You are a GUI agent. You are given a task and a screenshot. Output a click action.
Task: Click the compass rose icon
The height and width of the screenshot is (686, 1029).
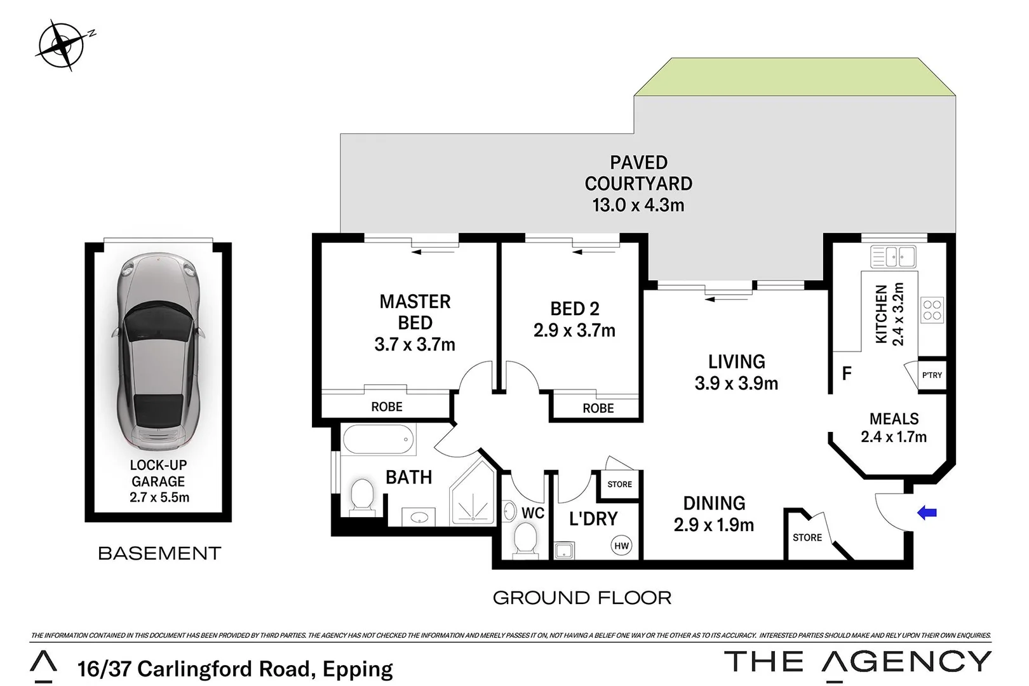pos(61,44)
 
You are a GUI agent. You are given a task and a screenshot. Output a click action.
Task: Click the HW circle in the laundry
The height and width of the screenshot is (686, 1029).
pos(621,546)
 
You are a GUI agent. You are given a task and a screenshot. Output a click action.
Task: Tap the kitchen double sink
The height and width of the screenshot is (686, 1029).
pos(893,257)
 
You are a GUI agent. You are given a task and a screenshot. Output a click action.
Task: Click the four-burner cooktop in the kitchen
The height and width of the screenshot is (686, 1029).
pos(932,311)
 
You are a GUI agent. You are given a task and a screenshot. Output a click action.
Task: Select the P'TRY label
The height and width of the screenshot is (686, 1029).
pos(932,375)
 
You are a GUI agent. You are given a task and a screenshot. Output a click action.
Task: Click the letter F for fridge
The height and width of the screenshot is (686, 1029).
pos(846,374)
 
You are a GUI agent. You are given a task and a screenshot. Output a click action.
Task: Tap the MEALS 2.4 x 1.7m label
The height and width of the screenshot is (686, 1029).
pos(894,427)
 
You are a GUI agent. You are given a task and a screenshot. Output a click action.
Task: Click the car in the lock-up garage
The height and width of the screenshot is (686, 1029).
pos(158,353)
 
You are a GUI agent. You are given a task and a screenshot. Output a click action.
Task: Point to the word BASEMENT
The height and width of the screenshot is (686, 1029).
pos(159,553)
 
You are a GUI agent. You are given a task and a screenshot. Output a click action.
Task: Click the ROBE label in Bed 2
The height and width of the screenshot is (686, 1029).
pos(598,408)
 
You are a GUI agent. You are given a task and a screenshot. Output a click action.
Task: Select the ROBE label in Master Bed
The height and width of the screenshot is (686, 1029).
pos(386,407)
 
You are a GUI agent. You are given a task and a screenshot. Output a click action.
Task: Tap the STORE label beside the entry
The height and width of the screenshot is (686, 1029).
pos(807,537)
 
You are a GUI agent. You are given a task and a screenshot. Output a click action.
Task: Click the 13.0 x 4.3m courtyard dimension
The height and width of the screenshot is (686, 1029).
pos(638,205)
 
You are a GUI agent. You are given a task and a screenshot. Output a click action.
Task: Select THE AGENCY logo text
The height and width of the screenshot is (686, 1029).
pos(857,662)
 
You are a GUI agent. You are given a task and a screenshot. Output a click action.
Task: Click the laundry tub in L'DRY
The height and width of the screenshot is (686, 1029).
pos(563,550)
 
